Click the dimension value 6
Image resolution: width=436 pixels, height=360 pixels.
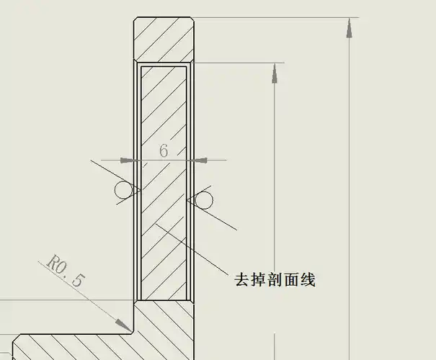(x=164, y=150)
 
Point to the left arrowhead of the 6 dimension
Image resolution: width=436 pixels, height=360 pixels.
(x=130, y=160)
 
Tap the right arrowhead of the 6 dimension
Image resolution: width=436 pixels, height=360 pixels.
(x=200, y=160)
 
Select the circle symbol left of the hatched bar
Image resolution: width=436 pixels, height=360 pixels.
(x=123, y=189)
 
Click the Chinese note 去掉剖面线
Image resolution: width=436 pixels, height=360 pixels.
(x=275, y=279)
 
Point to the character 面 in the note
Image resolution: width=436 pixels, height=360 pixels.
(x=291, y=279)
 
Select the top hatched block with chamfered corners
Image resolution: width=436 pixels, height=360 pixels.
(x=164, y=39)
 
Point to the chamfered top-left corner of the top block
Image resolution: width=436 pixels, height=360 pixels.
(x=138, y=20)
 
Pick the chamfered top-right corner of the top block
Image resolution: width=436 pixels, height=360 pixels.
(x=192, y=20)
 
